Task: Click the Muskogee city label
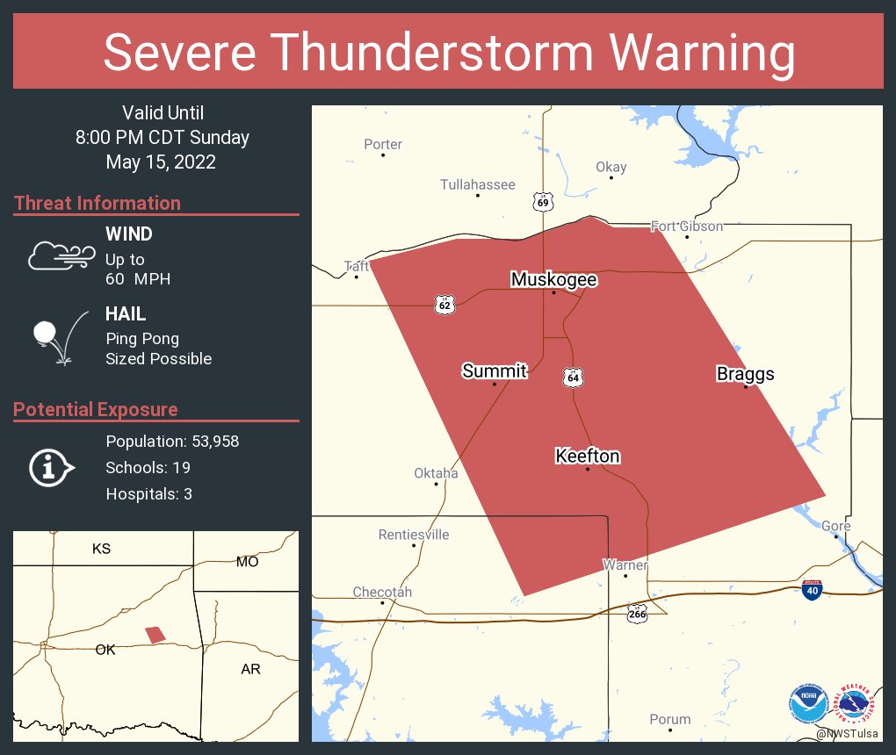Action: (x=553, y=280)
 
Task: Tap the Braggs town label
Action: (x=745, y=374)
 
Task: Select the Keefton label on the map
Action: (x=587, y=456)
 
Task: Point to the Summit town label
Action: (x=494, y=371)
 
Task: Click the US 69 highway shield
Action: (x=544, y=203)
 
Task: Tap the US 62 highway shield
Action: (x=444, y=305)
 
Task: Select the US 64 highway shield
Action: (x=573, y=377)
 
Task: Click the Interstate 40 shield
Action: (x=812, y=590)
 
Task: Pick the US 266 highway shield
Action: (x=638, y=614)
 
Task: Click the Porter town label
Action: (x=383, y=144)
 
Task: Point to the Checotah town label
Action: (x=382, y=592)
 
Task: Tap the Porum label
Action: (x=669, y=719)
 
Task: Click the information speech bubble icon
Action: (x=51, y=468)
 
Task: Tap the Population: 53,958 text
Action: (x=172, y=441)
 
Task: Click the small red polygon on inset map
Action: (x=155, y=634)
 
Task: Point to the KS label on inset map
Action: (x=101, y=549)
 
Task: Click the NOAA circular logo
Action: (x=808, y=703)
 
